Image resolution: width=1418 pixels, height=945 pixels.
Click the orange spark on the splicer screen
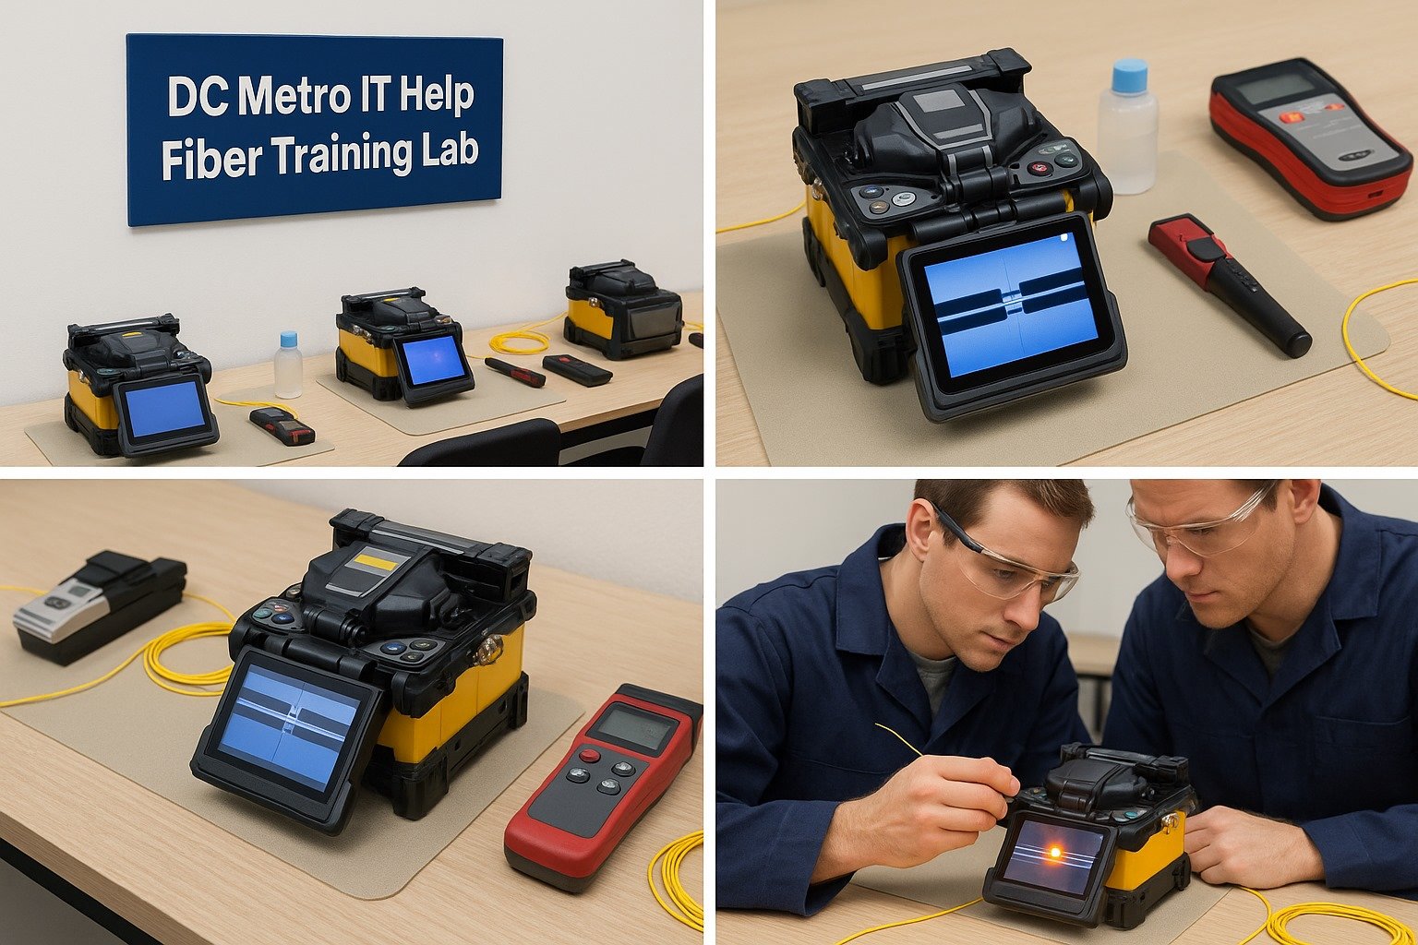coord(1055,853)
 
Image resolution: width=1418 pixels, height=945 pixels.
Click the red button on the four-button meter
coord(589,755)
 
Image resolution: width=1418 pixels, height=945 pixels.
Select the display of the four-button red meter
coord(634,727)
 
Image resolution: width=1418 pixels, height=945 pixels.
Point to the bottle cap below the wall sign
coord(288,339)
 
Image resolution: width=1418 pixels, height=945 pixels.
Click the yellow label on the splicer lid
coord(377,561)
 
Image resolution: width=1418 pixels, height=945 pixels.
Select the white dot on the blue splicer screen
coord(1063,237)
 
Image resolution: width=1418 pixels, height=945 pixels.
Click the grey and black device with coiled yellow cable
coord(100,606)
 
